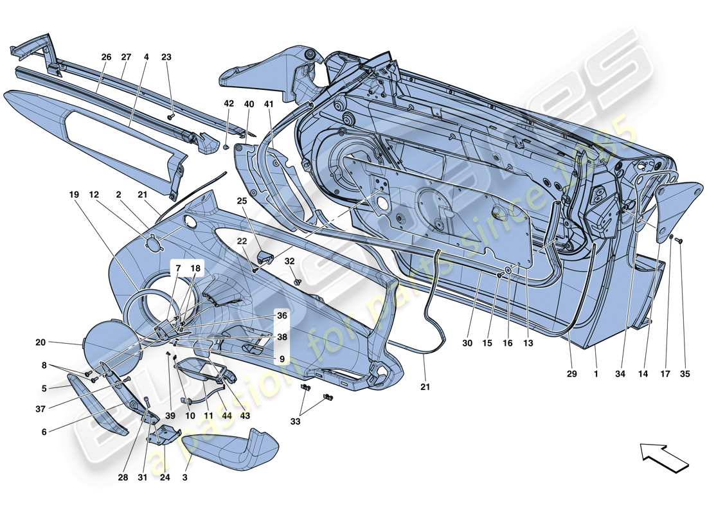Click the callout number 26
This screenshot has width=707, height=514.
[x=106, y=57]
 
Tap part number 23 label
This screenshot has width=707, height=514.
[x=166, y=57]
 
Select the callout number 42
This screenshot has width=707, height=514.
[x=229, y=104]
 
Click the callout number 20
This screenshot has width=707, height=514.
[x=40, y=342]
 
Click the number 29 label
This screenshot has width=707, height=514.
[x=571, y=373]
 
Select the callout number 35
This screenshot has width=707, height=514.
[x=685, y=373]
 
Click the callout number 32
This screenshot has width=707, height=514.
[x=290, y=261]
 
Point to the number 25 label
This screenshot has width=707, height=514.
[x=242, y=201]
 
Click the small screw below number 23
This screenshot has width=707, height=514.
[x=171, y=116]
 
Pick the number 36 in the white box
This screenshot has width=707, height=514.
[x=282, y=315]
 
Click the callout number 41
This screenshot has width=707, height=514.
[x=269, y=104]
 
